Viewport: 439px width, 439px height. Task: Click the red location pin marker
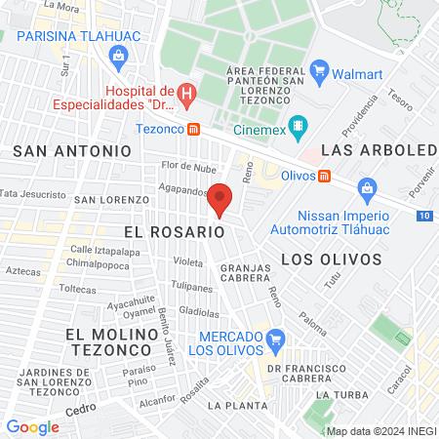[220, 199]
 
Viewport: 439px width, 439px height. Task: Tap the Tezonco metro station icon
[194, 129]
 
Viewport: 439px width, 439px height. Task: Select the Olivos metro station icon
[325, 175]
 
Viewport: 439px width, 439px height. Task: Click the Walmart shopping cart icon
[318, 69]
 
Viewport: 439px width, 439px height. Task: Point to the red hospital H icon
[189, 94]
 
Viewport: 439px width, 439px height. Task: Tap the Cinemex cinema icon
[299, 125]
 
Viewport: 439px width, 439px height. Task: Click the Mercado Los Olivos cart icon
[275, 339]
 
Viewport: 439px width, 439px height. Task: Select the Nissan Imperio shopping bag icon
[367, 186]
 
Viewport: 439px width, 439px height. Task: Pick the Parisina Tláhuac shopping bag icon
[118, 55]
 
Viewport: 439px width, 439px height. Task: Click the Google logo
[33, 426]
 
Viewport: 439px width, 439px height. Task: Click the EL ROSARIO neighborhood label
[175, 232]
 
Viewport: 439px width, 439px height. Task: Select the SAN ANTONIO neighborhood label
[71, 150]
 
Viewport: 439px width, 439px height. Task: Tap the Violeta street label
[187, 261]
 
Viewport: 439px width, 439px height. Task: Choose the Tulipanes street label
[192, 288]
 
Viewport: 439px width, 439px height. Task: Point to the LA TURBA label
[340, 394]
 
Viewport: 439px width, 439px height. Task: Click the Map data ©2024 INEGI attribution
[380, 430]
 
